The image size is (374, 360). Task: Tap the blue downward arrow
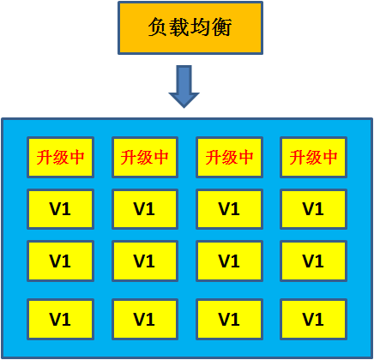184,86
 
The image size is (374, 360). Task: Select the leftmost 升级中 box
59,157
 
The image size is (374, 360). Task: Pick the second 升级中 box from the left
144,157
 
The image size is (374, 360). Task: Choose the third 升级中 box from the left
229,157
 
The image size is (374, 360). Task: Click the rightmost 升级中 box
313,157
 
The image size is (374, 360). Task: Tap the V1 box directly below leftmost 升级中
59,209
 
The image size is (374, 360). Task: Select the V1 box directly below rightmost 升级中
313,209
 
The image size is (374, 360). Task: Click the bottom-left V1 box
59,319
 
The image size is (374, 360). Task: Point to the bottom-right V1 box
313,319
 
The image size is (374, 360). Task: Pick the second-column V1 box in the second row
144,209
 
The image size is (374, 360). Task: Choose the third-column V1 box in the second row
229,209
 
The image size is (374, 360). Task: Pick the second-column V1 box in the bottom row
144,319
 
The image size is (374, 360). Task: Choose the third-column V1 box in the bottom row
229,319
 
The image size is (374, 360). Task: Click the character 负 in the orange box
146,27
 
